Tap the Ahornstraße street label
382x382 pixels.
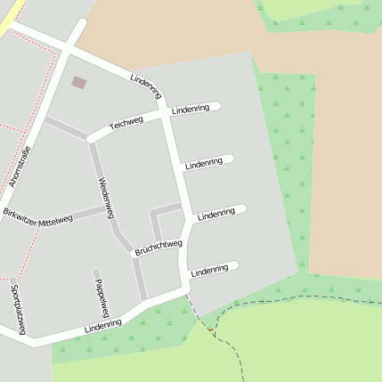coord(19,166)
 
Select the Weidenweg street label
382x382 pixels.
coord(106,198)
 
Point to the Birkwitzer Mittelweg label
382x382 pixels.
coord(37,217)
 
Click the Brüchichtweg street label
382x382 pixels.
coord(158,248)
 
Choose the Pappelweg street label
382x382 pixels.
coord(101,297)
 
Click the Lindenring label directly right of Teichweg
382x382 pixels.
coord(191,109)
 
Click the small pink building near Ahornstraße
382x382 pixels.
coord(79,82)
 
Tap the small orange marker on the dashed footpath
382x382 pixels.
coord(211,330)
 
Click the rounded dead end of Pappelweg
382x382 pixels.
coord(96,272)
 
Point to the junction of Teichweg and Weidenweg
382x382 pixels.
coord(90,140)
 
